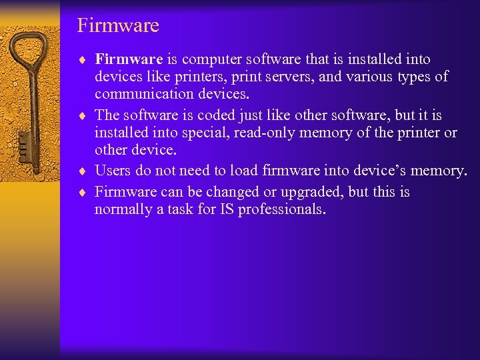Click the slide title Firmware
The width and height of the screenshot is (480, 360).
point(118,26)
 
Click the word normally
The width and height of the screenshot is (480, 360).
point(123,210)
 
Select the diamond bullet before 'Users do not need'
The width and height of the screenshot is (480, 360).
point(82,171)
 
